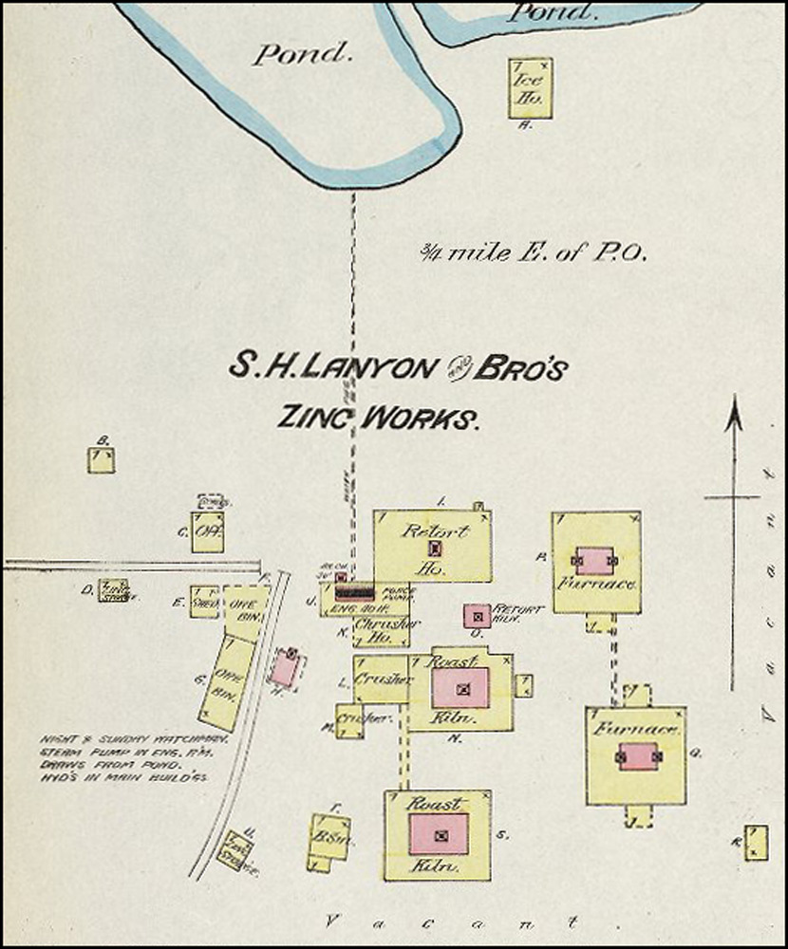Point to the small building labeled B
102,460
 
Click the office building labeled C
207,532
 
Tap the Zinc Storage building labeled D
115,590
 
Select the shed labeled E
203,602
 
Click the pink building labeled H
285,668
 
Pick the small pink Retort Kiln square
477,615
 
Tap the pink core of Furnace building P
595,560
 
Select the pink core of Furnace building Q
638,756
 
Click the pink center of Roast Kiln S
439,834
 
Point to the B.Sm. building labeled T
329,837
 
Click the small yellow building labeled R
756,843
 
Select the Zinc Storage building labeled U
233,849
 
